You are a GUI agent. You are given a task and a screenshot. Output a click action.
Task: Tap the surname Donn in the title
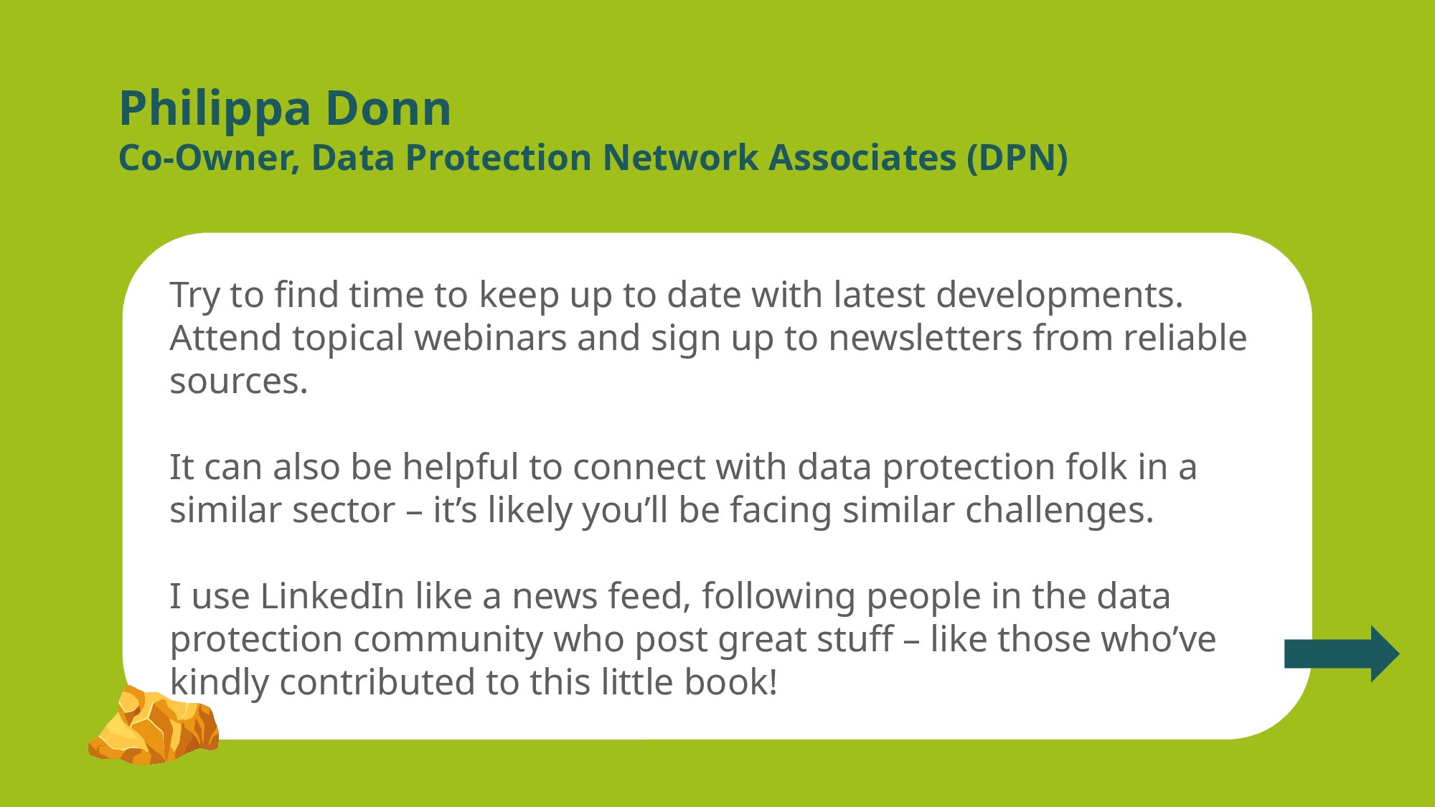point(388,108)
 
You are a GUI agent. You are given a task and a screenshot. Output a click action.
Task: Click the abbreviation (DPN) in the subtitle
point(1017,158)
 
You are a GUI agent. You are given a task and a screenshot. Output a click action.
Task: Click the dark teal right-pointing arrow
point(1342,653)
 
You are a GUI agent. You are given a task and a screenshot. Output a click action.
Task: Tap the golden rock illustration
point(154,725)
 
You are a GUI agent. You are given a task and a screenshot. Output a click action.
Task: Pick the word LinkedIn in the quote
point(332,595)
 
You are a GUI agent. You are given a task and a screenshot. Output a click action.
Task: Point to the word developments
point(1060,296)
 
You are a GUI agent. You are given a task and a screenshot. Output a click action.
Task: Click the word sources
point(239,382)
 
